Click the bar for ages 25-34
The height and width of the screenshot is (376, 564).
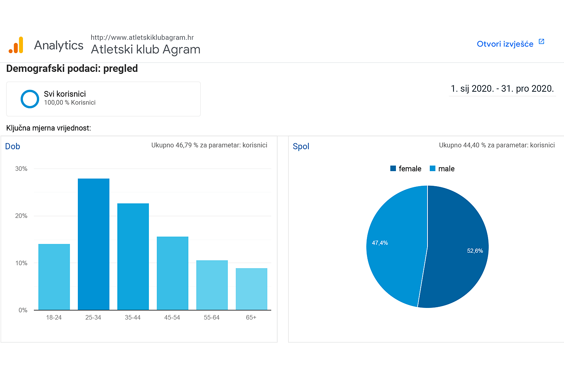click(94, 244)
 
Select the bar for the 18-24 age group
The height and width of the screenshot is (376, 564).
click(54, 277)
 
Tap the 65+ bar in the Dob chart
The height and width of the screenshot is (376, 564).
click(252, 289)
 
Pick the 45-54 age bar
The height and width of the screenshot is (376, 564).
click(173, 273)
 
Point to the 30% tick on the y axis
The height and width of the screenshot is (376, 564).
click(21, 169)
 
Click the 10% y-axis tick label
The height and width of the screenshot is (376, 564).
click(21, 263)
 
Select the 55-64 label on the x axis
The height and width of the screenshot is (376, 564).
click(212, 318)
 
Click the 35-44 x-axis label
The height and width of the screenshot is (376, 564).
click(133, 318)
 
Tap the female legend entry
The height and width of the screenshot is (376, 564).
click(406, 169)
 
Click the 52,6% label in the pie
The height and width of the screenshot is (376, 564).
click(475, 251)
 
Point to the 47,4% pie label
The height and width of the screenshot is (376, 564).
click(380, 243)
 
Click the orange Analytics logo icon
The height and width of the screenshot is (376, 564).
click(16, 45)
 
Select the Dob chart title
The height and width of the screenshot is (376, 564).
click(13, 146)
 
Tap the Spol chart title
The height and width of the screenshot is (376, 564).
click(301, 146)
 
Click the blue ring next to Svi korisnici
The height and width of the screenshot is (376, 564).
click(30, 99)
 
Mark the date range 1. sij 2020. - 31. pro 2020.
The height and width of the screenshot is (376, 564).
click(502, 89)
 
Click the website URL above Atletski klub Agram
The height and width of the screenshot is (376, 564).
click(142, 38)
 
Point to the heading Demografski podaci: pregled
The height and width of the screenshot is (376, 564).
click(72, 68)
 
